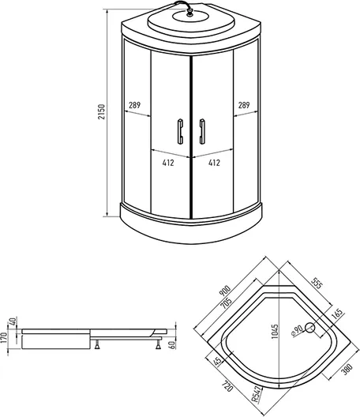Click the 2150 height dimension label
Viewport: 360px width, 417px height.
point(102,111)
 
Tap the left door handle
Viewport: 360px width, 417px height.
point(180,131)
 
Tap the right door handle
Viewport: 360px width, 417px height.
point(202,131)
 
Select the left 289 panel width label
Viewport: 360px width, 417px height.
point(134,105)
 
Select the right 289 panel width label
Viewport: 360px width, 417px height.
point(244,105)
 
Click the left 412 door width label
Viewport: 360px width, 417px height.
point(168,163)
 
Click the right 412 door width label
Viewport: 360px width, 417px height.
point(214,163)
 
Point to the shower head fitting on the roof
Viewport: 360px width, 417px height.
point(189,12)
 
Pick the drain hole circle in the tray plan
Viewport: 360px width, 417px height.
point(309,328)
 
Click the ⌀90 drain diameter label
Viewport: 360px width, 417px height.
point(297,331)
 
